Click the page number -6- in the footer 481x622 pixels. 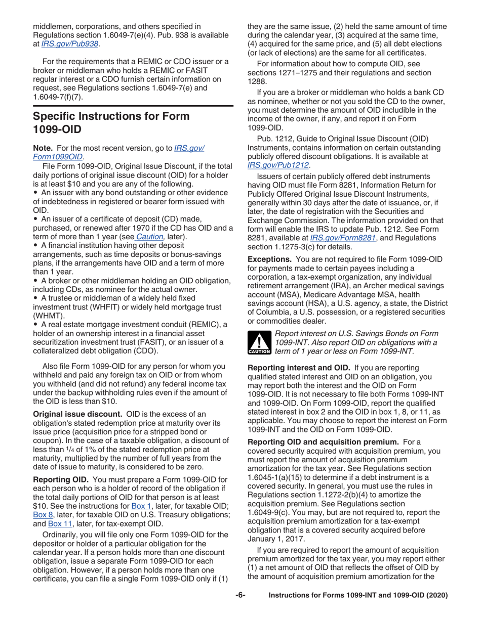(x=240, y=609)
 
